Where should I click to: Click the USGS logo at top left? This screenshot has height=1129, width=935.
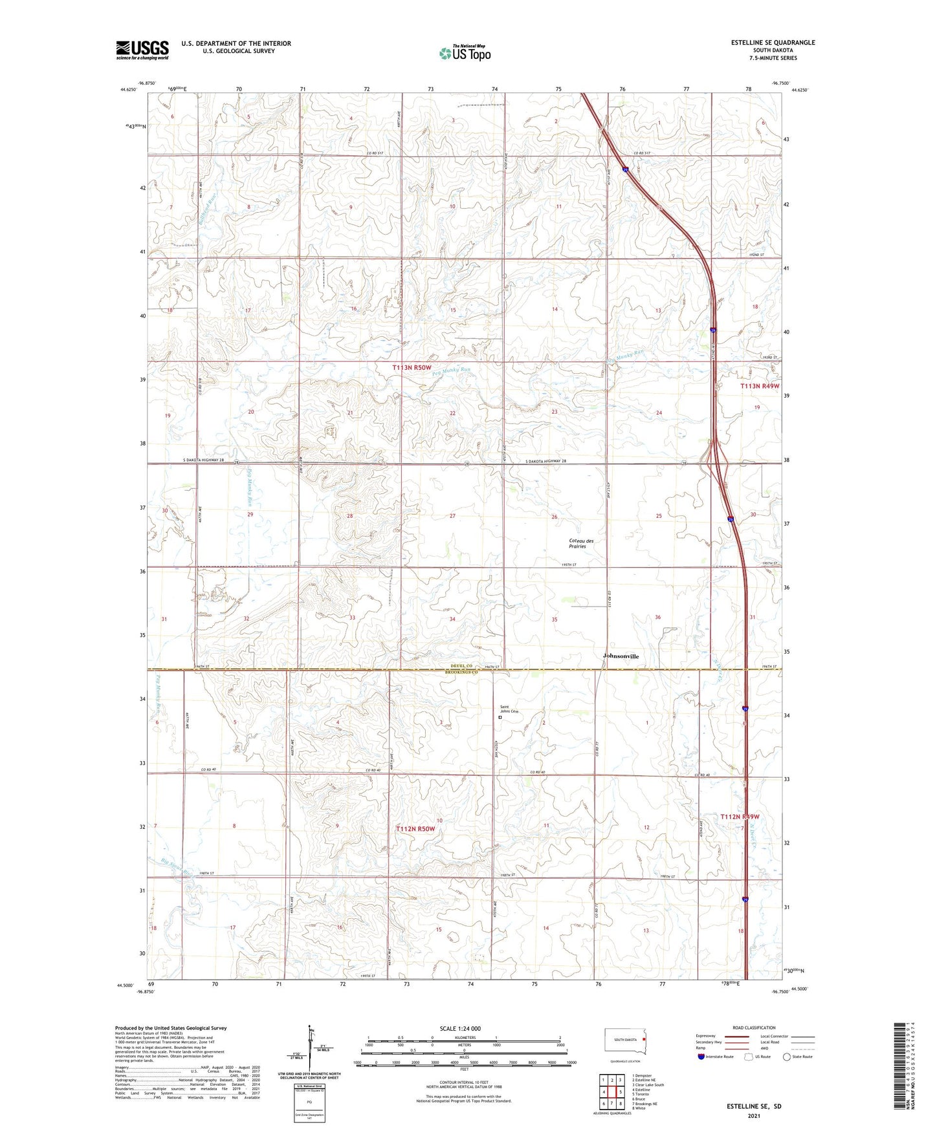pyautogui.click(x=142, y=50)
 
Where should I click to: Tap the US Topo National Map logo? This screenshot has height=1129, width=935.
pyautogui.click(x=465, y=53)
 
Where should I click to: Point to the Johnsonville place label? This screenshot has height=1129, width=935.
pyautogui.click(x=620, y=656)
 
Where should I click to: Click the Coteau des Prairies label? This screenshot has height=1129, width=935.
pyautogui.click(x=580, y=543)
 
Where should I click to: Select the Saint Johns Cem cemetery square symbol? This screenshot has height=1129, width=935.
pyautogui.click(x=500, y=716)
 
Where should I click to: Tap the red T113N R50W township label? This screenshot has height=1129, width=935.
pyautogui.click(x=411, y=367)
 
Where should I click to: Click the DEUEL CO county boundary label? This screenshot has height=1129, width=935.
pyautogui.click(x=467, y=666)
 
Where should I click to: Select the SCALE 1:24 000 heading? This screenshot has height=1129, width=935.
pyautogui.click(x=460, y=1028)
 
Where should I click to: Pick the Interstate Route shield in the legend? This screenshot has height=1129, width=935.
pyautogui.click(x=701, y=1057)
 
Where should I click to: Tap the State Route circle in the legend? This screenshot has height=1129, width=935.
pyautogui.click(x=787, y=1057)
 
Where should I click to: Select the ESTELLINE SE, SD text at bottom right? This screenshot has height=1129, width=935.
pyautogui.click(x=754, y=1106)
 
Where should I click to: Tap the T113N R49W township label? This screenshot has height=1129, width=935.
pyautogui.click(x=760, y=386)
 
